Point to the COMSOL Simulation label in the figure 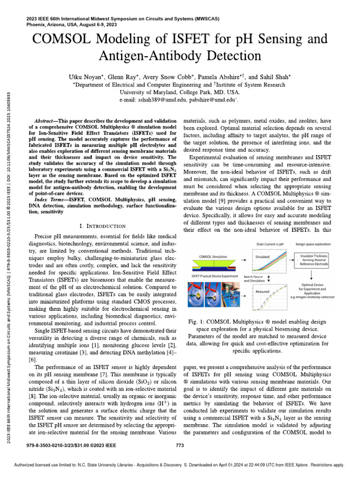pyautogui.click(x=213, y=257)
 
